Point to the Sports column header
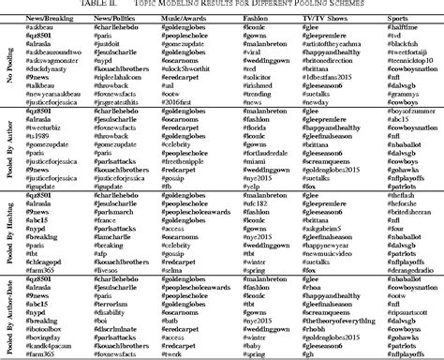click(396, 18)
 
